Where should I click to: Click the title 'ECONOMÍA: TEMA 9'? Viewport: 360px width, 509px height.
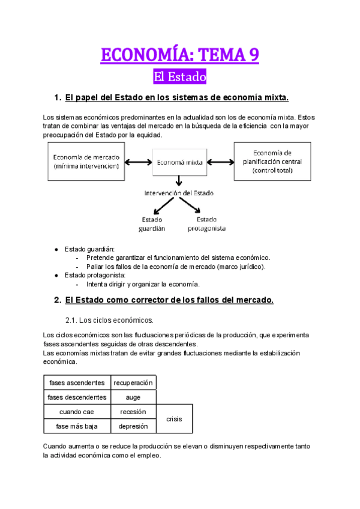[x=180, y=55]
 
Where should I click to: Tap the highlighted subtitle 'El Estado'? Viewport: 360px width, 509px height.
[x=180, y=77]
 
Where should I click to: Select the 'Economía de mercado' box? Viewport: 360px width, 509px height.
[x=86, y=161]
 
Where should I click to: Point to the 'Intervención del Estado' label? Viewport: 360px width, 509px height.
[x=179, y=193]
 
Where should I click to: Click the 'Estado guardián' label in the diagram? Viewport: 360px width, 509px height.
[x=154, y=223]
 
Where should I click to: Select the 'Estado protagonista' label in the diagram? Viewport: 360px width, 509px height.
[x=206, y=223]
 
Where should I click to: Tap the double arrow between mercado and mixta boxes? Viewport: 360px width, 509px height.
[x=139, y=161]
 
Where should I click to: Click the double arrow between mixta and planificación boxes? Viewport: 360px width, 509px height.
[x=220, y=161]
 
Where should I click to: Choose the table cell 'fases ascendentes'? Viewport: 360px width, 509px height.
[x=76, y=382]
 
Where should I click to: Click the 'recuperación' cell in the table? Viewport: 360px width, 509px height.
[x=133, y=382]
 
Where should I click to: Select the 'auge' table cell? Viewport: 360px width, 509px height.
[x=133, y=397]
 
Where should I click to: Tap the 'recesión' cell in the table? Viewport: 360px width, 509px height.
[x=133, y=412]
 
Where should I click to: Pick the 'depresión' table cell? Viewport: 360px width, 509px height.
[x=133, y=426]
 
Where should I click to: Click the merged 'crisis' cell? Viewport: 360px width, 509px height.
[x=175, y=419]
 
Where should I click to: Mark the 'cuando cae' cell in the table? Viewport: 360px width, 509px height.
[x=76, y=412]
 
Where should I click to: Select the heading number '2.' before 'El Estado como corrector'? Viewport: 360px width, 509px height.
[x=58, y=300]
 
